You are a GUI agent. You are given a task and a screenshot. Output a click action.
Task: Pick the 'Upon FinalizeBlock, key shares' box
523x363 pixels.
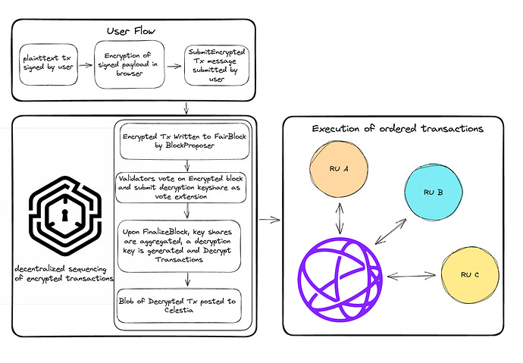(180, 243)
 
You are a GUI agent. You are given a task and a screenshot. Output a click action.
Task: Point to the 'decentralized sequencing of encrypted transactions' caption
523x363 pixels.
(64, 274)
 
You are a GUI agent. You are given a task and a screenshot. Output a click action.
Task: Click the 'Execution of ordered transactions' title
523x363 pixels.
(397, 129)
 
